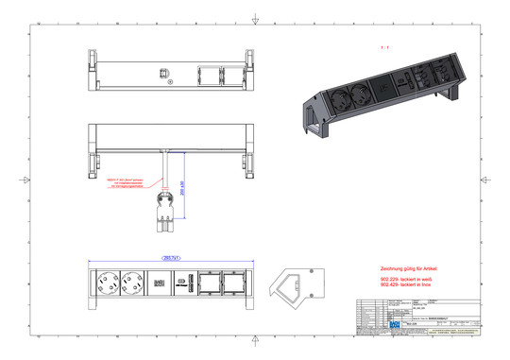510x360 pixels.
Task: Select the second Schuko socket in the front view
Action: click(132, 282)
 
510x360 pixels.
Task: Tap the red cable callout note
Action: click(126, 183)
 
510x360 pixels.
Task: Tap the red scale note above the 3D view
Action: click(382, 45)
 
